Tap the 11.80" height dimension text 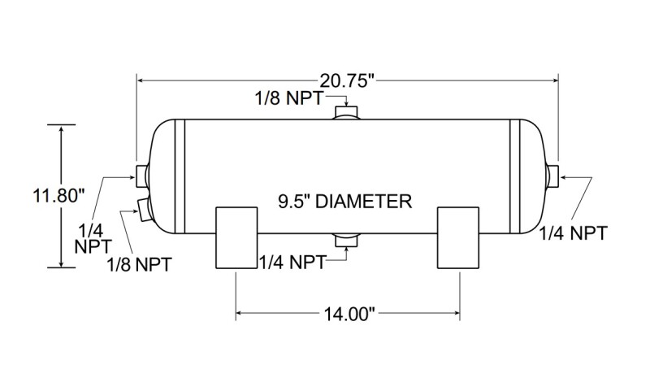(59, 195)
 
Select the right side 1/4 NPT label (574, 232)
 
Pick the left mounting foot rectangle (237, 237)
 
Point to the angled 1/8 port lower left (144, 210)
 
